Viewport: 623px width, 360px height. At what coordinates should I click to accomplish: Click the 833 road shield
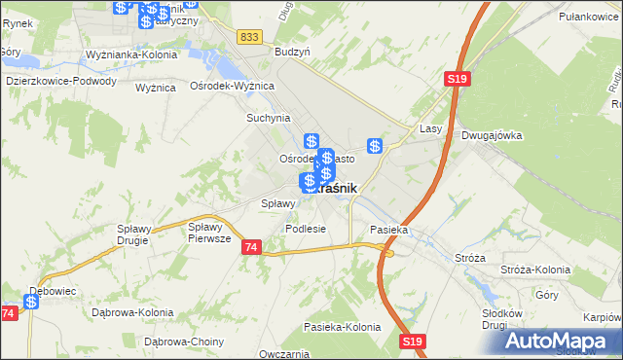tap(249, 36)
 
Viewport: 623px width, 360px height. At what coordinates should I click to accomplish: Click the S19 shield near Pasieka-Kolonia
tap(413, 341)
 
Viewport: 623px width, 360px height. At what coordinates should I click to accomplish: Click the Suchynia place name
tap(268, 118)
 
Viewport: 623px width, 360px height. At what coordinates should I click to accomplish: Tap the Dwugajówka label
tap(492, 136)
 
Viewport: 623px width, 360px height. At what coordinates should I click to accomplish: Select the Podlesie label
tap(305, 228)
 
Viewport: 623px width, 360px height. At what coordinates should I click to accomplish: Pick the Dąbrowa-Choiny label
tap(184, 342)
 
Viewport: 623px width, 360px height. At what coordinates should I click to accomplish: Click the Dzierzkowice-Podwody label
tap(60, 82)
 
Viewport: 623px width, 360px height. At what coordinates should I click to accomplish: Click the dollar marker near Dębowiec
tap(31, 303)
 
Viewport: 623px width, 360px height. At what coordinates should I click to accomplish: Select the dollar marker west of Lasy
tap(375, 146)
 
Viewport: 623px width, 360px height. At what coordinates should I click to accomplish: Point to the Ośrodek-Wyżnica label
tap(233, 86)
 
